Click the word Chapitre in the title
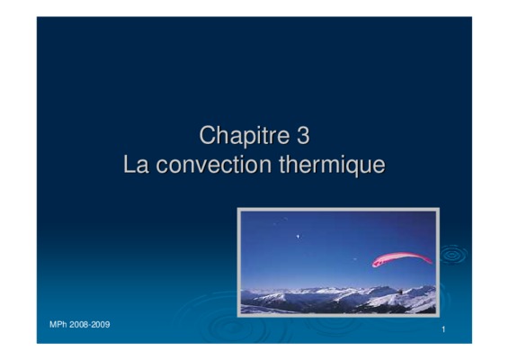point(245,136)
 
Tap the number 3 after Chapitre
point(303,135)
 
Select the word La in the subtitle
point(136,164)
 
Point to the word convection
point(214,165)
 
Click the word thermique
point(332,166)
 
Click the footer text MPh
point(58,325)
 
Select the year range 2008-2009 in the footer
point(90,325)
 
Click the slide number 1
point(443,329)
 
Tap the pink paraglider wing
point(402,258)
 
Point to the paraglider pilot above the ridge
point(400,292)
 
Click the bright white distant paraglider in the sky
point(298,237)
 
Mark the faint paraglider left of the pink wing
point(355,259)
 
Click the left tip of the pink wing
point(373,265)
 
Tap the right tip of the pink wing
point(432,262)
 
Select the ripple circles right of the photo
point(453,256)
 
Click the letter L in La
point(129,164)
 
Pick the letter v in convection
point(198,166)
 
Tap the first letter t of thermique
point(281,165)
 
